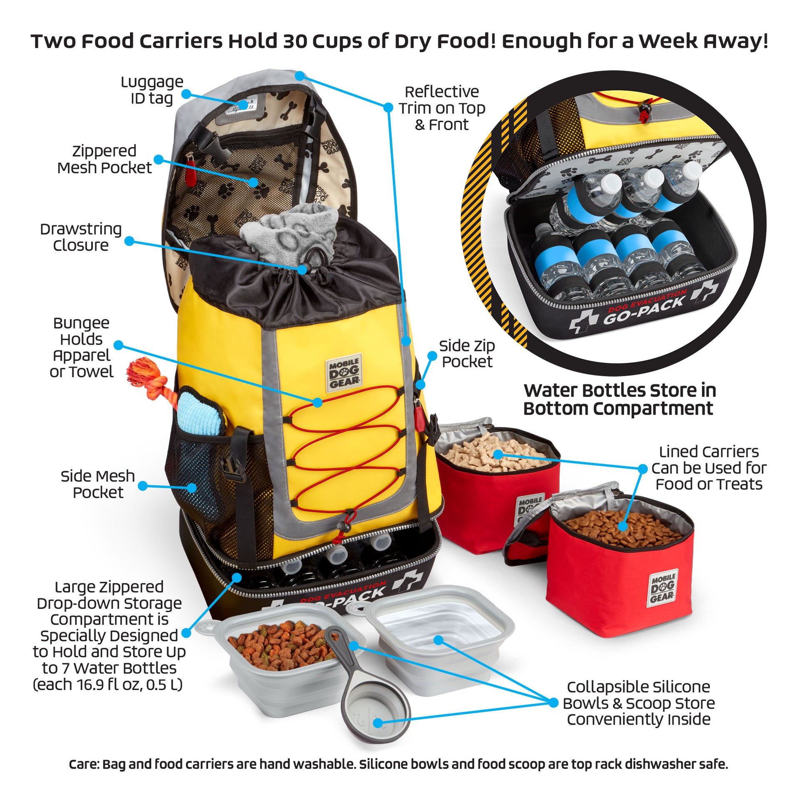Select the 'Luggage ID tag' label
tap(152, 90)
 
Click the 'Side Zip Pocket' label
tap(467, 353)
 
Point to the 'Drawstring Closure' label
tap(81, 237)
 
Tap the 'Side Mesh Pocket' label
tap(98, 484)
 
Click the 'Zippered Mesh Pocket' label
tap(105, 159)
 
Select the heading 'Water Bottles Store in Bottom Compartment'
tap(620, 399)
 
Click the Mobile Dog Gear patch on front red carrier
tap(662, 588)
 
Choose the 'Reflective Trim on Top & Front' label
tap(442, 108)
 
